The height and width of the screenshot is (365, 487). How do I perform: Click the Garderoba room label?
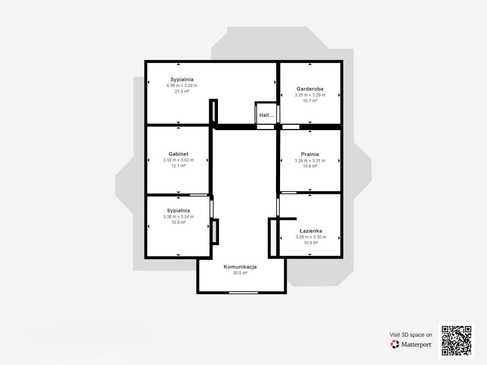(310, 89)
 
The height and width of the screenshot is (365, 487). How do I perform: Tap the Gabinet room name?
(179, 154)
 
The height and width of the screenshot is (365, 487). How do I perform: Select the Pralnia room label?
(310, 154)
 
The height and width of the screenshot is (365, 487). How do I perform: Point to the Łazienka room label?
(310, 231)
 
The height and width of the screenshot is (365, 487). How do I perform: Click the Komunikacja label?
(240, 267)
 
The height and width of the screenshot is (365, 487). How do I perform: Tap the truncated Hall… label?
(267, 115)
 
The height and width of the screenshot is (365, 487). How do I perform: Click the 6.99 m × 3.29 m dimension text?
(182, 86)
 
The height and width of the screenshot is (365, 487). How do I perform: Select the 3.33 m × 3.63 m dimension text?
(179, 160)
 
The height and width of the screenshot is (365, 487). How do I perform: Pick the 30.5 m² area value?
(240, 273)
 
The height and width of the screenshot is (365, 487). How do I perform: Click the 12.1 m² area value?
(179, 166)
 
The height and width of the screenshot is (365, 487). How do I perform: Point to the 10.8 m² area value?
(310, 166)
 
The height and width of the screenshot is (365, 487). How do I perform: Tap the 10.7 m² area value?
(310, 101)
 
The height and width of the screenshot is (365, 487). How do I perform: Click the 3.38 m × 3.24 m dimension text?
(179, 217)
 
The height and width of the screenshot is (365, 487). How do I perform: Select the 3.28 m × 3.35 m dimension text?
(310, 237)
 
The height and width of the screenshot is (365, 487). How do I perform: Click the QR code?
(457, 340)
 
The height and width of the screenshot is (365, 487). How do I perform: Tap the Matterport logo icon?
(395, 344)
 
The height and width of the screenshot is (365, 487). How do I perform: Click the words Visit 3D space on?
(411, 335)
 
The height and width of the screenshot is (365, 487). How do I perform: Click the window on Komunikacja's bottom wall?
(243, 293)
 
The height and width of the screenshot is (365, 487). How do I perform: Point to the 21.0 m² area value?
(182, 91)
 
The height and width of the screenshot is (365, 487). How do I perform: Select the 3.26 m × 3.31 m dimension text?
(310, 161)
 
